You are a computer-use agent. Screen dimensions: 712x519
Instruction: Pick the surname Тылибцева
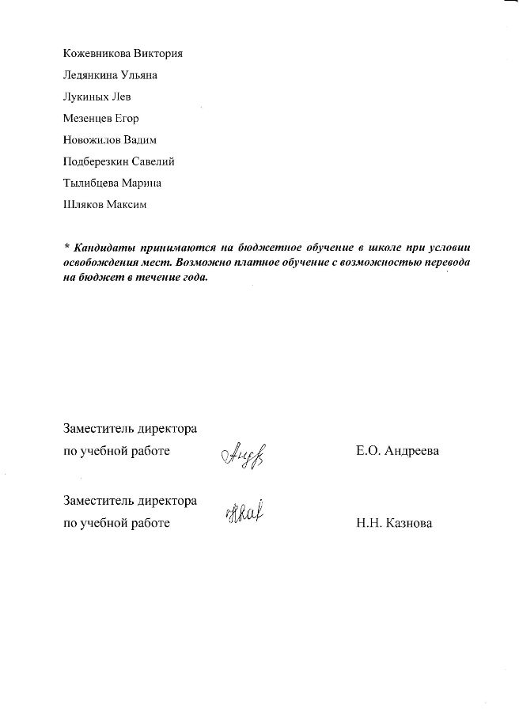pos(91,183)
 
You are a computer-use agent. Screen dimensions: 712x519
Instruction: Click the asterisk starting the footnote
pos(66,246)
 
